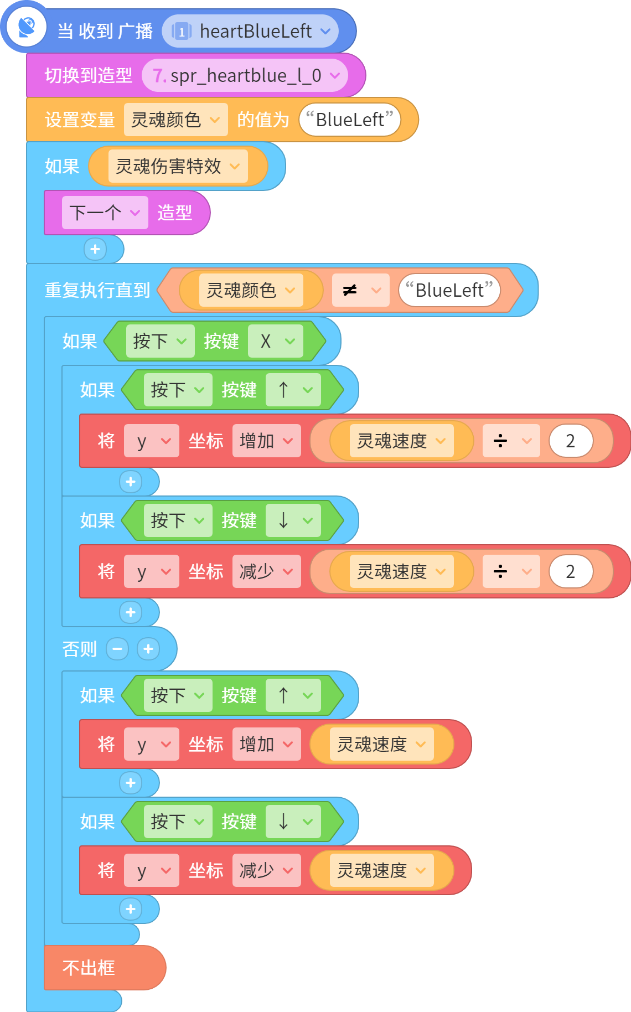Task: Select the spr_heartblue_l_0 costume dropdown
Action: pyautogui.click(x=245, y=75)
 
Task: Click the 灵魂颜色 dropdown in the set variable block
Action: pyautogui.click(x=175, y=120)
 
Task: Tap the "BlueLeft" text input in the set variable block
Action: pyautogui.click(x=350, y=120)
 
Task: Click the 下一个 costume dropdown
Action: pyautogui.click(x=105, y=213)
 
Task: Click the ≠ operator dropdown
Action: pyautogui.click(x=360, y=290)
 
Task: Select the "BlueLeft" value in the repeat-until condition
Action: pyautogui.click(x=449, y=290)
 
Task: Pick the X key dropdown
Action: pyautogui.click(x=275, y=341)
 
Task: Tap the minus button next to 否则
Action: pyautogui.click(x=117, y=649)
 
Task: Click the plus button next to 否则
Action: pyautogui.click(x=148, y=649)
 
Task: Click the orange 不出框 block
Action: pyautogui.click(x=105, y=968)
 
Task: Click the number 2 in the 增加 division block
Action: pyautogui.click(x=571, y=441)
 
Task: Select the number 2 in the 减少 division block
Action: pyautogui.click(x=571, y=571)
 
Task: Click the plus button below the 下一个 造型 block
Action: pyautogui.click(x=95, y=249)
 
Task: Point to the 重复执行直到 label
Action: pyautogui.click(x=97, y=290)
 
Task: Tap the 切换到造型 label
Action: pyautogui.click(x=89, y=75)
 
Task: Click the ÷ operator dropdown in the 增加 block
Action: pyautogui.click(x=511, y=441)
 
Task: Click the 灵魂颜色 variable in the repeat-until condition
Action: pyautogui.click(x=251, y=290)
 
